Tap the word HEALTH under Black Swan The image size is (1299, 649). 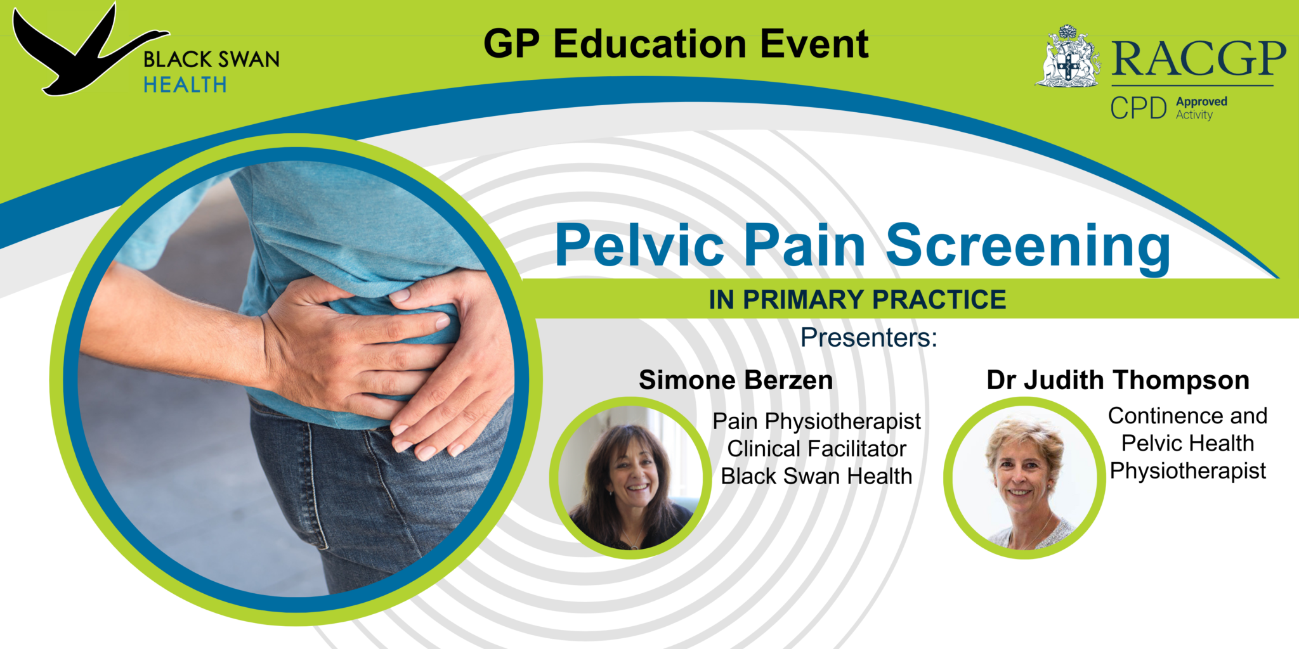tap(185, 85)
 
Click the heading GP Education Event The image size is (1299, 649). tap(676, 44)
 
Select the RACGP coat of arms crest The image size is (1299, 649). tap(1069, 57)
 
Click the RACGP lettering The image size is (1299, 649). tap(1198, 59)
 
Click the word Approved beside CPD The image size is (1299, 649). tap(1201, 101)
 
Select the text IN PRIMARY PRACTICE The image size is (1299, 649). tap(857, 300)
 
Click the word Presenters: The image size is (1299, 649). tap(868, 338)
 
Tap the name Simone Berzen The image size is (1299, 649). tap(736, 380)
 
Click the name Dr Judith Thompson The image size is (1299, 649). tap(1118, 380)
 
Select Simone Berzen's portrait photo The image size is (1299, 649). tap(630, 479)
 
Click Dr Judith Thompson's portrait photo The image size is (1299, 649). tap(1024, 479)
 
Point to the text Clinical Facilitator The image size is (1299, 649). tap(816, 449)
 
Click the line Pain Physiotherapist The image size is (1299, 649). tap(816, 421)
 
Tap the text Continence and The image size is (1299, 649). tap(1187, 416)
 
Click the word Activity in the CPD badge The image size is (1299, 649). tap(1194, 115)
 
